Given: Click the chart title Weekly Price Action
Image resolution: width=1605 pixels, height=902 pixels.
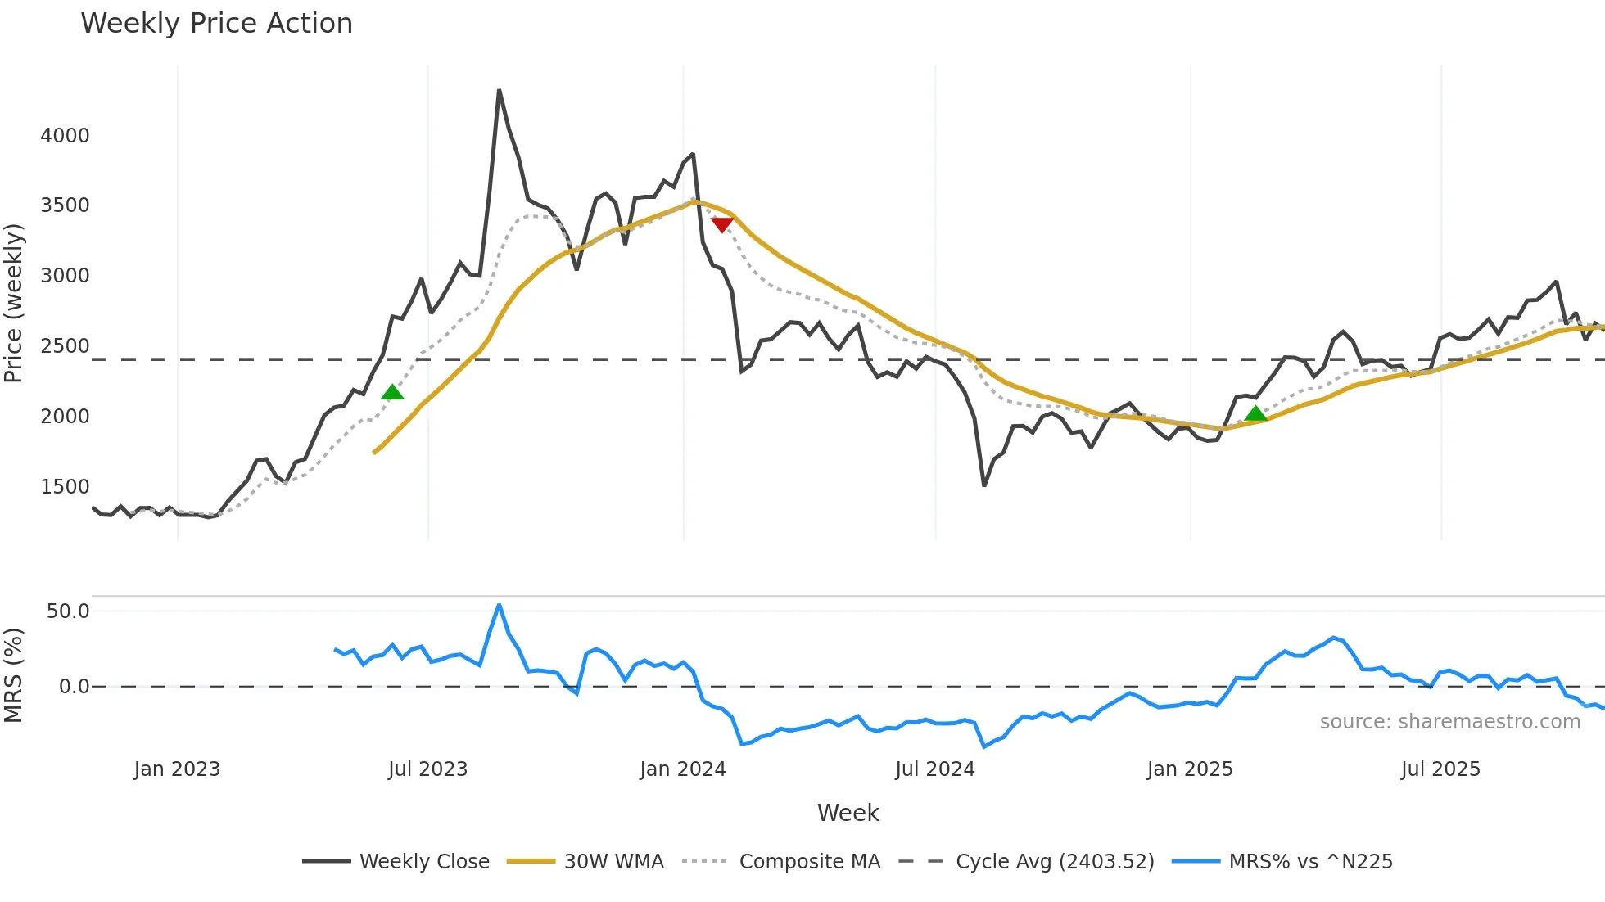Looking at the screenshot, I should [x=216, y=24].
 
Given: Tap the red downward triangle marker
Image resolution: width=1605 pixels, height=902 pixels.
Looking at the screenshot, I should [x=722, y=224].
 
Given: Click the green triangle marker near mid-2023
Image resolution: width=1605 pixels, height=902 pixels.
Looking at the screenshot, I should [x=392, y=392].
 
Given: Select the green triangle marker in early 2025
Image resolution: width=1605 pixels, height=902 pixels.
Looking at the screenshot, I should [x=1255, y=413].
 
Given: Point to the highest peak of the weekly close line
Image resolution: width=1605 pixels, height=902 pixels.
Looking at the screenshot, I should [x=499, y=91].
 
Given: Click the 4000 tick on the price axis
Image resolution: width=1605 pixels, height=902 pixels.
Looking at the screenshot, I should [x=65, y=135].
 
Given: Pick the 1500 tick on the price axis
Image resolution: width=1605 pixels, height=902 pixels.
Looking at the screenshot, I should [x=65, y=486].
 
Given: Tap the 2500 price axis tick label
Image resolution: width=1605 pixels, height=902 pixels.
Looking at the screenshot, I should [x=65, y=346].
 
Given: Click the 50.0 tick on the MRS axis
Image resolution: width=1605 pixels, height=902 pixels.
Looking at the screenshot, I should [x=68, y=611].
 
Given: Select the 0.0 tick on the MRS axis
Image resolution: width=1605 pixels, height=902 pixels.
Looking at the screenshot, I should [x=74, y=687].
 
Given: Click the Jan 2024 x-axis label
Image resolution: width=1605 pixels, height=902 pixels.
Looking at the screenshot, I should [x=682, y=769].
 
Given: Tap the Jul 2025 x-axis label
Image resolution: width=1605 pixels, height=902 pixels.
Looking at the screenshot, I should [x=1440, y=769].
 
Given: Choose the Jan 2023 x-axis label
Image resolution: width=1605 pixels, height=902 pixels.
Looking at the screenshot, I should [x=177, y=769].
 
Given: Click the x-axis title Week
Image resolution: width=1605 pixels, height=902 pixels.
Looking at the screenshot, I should [x=848, y=813].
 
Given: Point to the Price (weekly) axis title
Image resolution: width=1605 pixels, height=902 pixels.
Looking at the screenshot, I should [x=14, y=303].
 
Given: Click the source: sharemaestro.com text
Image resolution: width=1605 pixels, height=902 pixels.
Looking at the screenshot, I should [x=1449, y=722].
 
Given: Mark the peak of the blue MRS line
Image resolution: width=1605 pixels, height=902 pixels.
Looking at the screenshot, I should [x=499, y=605].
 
